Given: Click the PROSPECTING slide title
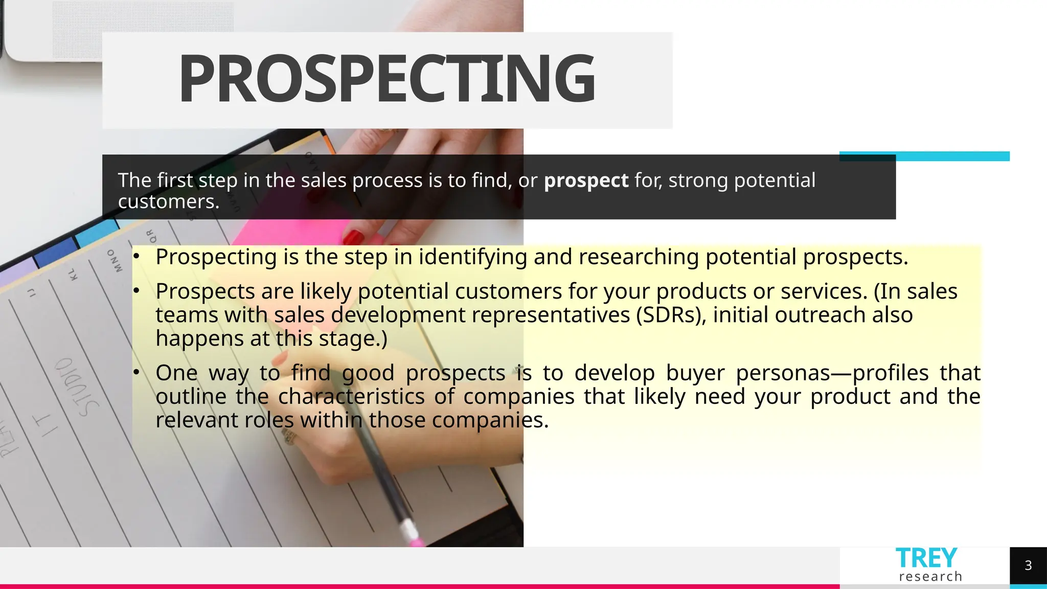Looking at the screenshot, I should pyautogui.click(x=386, y=79).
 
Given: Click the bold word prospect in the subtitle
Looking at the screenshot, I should pyautogui.click(x=586, y=180).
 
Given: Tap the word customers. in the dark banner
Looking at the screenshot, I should pyautogui.click(x=169, y=201).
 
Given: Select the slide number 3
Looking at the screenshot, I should pyautogui.click(x=1028, y=565).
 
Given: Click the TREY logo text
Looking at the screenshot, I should pyautogui.click(x=926, y=558).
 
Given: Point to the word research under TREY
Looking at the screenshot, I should pyautogui.click(x=930, y=577).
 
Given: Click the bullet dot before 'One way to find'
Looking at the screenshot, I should pyautogui.click(x=136, y=372).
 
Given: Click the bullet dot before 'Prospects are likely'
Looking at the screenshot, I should pyautogui.click(x=136, y=291).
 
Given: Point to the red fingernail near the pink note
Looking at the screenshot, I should pyautogui.click(x=353, y=237).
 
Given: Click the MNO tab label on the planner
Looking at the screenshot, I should pyautogui.click(x=115, y=260).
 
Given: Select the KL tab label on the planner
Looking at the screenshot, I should pyautogui.click(x=73, y=274).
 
